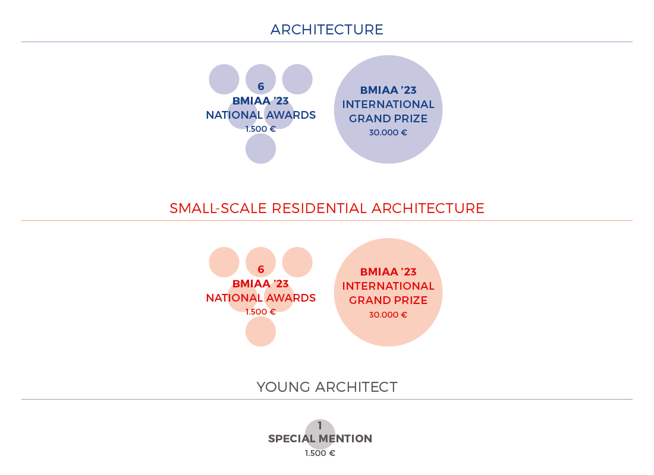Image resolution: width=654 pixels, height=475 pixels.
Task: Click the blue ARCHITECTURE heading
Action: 326,30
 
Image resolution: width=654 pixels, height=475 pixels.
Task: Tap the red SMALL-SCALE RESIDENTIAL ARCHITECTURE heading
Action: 326,208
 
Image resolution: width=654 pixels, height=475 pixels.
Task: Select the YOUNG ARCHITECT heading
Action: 326,387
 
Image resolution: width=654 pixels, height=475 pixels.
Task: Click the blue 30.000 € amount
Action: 388,132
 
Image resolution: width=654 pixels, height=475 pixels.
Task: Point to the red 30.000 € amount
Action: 388,315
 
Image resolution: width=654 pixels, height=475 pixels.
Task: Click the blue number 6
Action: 260,86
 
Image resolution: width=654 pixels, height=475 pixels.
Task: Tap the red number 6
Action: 260,269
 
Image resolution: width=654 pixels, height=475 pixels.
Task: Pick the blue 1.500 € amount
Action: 260,129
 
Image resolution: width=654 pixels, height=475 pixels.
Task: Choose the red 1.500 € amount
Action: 260,312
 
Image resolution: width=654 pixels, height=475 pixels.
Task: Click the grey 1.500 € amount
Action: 320,453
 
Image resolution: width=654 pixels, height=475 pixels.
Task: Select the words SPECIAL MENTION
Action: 320,439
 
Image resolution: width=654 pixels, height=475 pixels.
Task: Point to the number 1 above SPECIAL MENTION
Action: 320,425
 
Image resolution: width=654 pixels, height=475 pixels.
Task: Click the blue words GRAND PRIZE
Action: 388,119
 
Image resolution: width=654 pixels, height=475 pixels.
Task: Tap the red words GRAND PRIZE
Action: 388,300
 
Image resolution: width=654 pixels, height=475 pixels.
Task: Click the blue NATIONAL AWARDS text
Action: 260,115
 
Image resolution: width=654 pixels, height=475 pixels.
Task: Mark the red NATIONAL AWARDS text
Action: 260,298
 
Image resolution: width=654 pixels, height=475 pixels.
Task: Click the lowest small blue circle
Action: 260,149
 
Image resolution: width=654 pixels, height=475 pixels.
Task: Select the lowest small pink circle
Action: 260,332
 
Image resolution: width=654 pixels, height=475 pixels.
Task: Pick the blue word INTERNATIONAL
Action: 388,104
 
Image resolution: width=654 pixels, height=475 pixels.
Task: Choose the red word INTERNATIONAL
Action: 388,286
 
